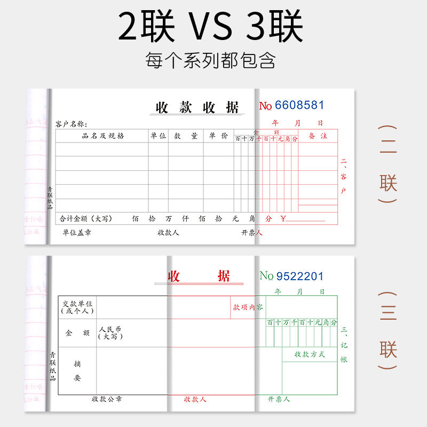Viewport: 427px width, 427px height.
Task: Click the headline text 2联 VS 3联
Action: pyautogui.click(x=210, y=27)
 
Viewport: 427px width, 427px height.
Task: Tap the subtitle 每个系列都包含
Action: pyautogui.click(x=210, y=60)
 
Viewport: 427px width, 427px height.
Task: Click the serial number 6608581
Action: pyautogui.click(x=299, y=105)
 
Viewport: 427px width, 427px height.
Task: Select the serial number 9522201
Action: pyautogui.click(x=299, y=276)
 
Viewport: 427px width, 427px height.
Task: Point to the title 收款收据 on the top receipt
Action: pyautogui.click(x=197, y=107)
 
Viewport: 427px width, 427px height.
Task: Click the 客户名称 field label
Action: pyautogui.click(x=71, y=124)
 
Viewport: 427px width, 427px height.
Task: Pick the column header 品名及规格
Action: pyautogui.click(x=102, y=136)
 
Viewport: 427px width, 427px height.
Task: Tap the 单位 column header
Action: pyautogui.click(x=158, y=136)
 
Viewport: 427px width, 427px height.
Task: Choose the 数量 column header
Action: pyautogui.click(x=185, y=136)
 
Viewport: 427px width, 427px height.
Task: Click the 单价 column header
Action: pyautogui.click(x=218, y=136)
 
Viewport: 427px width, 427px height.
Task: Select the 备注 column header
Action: pyautogui.click(x=318, y=136)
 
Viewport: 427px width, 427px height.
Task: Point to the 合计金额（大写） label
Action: pyautogui.click(x=86, y=219)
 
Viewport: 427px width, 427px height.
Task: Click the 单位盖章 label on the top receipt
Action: pyautogui.click(x=76, y=232)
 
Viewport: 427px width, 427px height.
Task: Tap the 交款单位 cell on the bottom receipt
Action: pyautogui.click(x=77, y=307)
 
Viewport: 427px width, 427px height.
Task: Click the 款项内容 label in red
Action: pyautogui.click(x=248, y=307)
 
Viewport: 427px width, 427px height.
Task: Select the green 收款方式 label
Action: pyautogui.click(x=310, y=354)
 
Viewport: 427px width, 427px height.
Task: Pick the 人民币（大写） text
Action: pyautogui.click(x=109, y=333)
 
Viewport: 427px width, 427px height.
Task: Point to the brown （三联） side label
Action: pyautogui.click(x=388, y=331)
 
